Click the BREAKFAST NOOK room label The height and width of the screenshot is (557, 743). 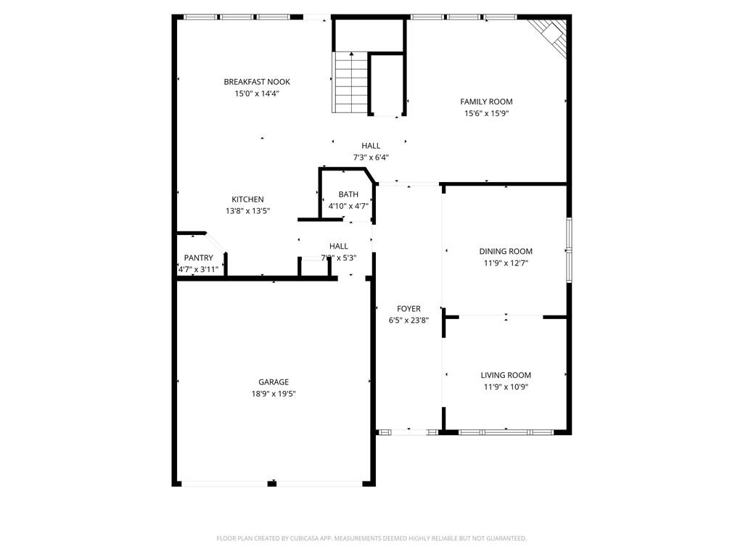point(257,82)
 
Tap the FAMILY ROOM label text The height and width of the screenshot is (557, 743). point(486,102)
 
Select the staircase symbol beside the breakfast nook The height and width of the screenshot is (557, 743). point(350,82)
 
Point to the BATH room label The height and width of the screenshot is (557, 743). point(348,194)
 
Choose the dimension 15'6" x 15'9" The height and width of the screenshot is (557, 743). point(486,113)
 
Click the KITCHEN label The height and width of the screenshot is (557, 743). point(247,199)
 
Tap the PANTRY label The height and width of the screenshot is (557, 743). point(198,257)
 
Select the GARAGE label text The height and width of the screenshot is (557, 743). point(274,382)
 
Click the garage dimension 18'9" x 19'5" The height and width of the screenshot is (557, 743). point(274,394)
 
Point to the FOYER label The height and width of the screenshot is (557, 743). point(409,309)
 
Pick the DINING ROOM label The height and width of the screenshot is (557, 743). point(506,252)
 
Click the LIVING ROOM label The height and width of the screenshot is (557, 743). point(506,375)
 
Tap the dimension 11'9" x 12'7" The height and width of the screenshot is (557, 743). point(506,263)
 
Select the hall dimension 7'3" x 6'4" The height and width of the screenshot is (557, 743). point(371,157)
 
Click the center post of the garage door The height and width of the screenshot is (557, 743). point(272,483)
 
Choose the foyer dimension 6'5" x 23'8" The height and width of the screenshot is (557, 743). point(409,320)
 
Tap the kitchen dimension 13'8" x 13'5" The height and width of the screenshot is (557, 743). point(247,211)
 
